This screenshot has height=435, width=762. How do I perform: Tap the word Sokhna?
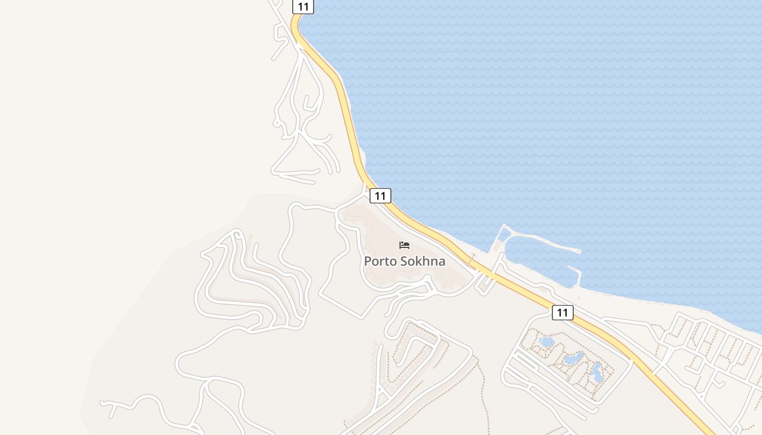423,262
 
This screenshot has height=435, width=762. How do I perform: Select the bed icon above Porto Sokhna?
404,245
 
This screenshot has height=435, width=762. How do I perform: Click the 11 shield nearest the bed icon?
380,196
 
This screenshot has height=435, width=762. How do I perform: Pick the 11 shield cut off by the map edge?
303,7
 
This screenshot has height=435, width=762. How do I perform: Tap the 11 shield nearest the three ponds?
562,313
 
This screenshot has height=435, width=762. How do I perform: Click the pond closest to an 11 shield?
546,342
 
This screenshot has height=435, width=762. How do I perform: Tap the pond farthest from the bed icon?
597,372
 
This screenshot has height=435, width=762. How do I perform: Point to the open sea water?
544,109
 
